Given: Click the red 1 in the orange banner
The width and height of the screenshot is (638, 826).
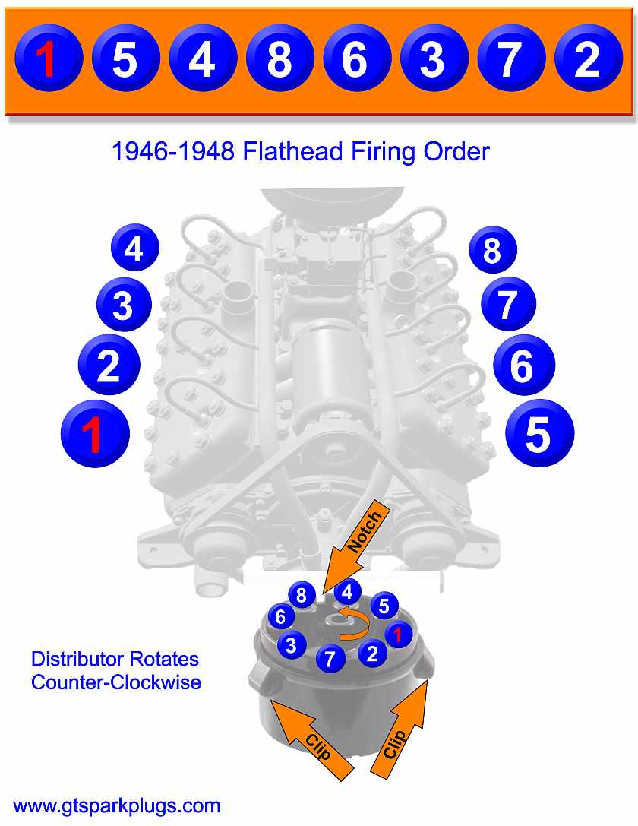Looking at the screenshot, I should point(47,59).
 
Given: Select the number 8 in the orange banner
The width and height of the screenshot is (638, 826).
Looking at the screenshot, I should point(278,59).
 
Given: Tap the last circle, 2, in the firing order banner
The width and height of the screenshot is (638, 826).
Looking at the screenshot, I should point(587,59).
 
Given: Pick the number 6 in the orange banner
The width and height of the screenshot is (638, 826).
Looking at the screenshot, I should point(355,59).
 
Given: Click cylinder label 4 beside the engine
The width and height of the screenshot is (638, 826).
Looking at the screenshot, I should point(134,248).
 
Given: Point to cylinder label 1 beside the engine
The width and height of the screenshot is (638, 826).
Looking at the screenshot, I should point(94,435).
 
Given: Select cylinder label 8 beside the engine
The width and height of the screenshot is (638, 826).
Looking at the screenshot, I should point(492,250).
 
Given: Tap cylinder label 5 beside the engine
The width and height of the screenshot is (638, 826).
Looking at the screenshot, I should point(540,434).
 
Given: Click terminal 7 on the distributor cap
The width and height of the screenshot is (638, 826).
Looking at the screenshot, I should point(330,658).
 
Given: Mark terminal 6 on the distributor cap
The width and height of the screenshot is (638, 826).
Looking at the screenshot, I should point(280,616).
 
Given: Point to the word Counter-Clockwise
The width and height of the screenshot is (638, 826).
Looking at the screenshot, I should point(115,682).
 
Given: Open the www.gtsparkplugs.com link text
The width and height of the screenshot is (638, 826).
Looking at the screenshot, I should point(117,805).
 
